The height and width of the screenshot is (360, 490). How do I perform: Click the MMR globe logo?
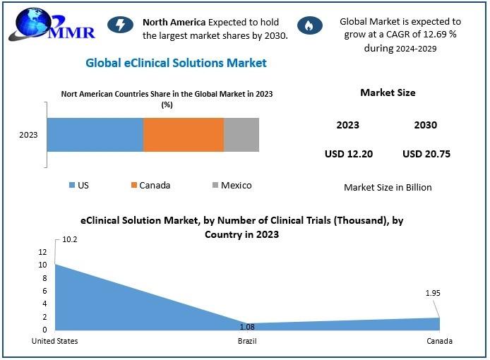[52, 25]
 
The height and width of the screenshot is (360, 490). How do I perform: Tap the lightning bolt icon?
[120, 25]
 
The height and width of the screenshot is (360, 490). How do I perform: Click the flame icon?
[310, 25]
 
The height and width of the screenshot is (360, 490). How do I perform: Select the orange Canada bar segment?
[184, 135]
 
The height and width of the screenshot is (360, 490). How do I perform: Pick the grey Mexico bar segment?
[241, 135]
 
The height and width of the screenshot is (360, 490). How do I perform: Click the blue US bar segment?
[95, 135]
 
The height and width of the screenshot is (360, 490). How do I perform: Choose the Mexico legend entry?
[232, 186]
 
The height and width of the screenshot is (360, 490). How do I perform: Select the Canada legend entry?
[150, 186]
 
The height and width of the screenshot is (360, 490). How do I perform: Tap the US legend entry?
[79, 186]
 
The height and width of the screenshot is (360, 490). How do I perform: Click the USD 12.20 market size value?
[349, 154]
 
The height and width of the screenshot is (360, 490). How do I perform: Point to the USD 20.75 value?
[426, 154]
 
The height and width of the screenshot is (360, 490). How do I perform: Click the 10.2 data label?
[70, 239]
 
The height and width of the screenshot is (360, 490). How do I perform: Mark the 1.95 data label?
[433, 293]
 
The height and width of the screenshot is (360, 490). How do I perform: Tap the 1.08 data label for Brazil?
[247, 327]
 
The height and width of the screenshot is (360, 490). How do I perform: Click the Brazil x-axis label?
[247, 341]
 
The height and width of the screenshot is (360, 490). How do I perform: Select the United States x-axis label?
[54, 341]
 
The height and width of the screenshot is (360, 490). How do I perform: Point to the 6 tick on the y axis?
[44, 291]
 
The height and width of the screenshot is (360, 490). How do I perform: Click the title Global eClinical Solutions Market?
[176, 63]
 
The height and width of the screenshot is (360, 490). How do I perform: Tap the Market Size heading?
[388, 92]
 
